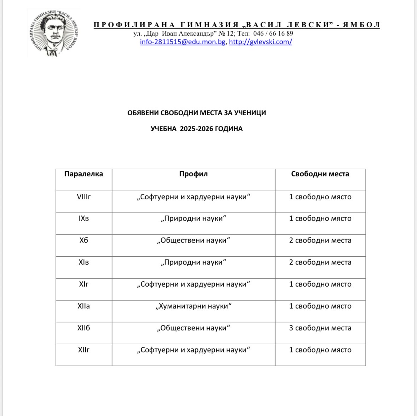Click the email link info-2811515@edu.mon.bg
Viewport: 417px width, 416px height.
[183, 42]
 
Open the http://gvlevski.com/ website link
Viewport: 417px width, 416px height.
[260, 42]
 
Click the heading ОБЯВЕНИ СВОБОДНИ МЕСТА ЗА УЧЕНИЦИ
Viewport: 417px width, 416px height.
[197, 113]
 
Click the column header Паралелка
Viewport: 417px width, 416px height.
[84, 174]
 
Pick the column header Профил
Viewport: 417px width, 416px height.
[193, 174]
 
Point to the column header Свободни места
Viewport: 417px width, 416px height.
[320, 174]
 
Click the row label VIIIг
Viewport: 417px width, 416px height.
[84, 197]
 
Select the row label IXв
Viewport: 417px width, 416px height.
[84, 218]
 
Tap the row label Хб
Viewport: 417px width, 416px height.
[84, 240]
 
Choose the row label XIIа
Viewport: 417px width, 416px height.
[84, 306]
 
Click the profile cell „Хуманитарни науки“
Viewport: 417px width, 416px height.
[193, 306]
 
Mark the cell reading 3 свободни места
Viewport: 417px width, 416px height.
[320, 328]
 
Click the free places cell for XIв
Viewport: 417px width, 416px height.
[320, 262]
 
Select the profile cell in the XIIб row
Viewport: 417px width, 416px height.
[193, 328]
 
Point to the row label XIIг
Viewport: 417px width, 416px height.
[84, 350]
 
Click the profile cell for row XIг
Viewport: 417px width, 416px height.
[193, 284]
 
